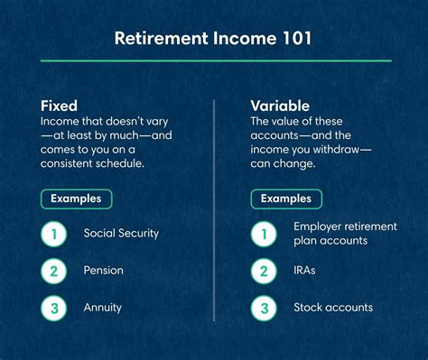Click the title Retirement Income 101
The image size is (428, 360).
point(214,40)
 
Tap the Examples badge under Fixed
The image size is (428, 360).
point(77,198)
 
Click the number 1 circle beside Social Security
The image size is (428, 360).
point(54,233)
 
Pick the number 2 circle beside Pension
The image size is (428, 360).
point(54,270)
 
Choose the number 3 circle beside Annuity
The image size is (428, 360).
point(54,307)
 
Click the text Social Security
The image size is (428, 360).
point(121,233)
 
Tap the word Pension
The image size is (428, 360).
point(104,270)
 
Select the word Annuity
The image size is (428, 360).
point(103,307)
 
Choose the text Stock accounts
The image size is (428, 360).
point(333,307)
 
